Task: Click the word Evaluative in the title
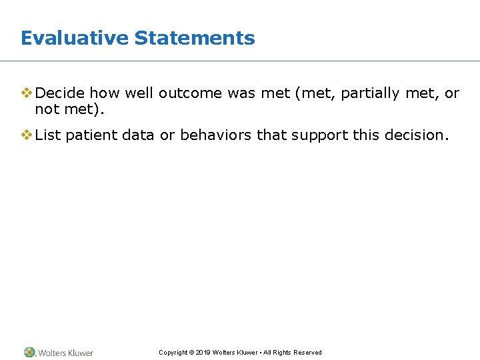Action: pyautogui.click(x=75, y=38)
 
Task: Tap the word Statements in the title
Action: pyautogui.click(x=195, y=38)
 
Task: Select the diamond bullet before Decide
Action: pyautogui.click(x=27, y=93)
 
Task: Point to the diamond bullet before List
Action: pyautogui.click(x=27, y=135)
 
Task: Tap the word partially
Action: pyautogui.click(x=370, y=93)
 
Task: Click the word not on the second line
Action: pyautogui.click(x=46, y=109)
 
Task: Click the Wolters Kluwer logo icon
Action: pyautogui.click(x=29, y=352)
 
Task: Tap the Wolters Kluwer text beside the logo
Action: pyautogui.click(x=65, y=353)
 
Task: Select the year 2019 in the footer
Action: pyautogui.click(x=203, y=353)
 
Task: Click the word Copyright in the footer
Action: pyautogui.click(x=173, y=353)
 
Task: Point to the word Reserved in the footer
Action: pyautogui.click(x=308, y=353)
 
